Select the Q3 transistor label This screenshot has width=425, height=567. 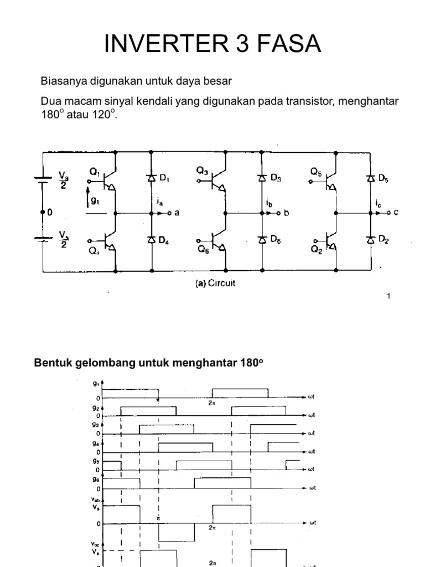coord(202,171)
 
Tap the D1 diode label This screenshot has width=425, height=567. coord(165,178)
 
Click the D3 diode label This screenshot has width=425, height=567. coord(276,178)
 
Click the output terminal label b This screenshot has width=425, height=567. coord(287,213)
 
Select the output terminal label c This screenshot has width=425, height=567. coord(396,213)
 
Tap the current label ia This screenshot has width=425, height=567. coord(160,203)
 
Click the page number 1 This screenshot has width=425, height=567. coord(388,296)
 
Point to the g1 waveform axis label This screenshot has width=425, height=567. coord(97,383)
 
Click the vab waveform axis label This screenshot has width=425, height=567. coord(97,499)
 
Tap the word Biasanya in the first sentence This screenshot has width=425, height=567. coord(61,81)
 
